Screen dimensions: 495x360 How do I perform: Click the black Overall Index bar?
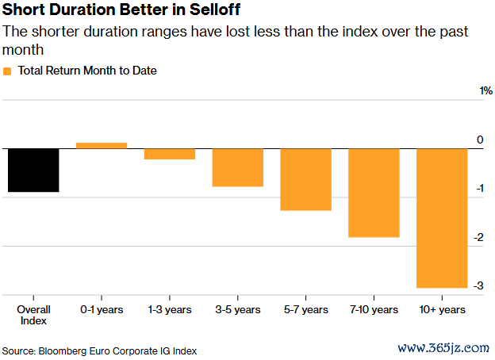pyautogui.click(x=33, y=170)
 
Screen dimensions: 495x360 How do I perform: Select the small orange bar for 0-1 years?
pyautogui.click(x=102, y=145)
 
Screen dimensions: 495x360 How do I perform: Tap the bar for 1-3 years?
pyautogui.click(x=170, y=154)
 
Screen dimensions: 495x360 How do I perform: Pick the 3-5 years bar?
pyautogui.click(x=238, y=167)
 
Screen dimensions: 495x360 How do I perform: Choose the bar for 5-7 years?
pyautogui.click(x=306, y=179)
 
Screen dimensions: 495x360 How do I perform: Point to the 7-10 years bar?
pyautogui.click(x=374, y=193)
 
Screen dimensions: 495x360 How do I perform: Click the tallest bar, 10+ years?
pyautogui.click(x=442, y=218)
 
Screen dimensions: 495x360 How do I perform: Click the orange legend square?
pyautogui.click(x=7, y=71)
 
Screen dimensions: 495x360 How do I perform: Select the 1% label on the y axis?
pyautogui.click(x=485, y=91)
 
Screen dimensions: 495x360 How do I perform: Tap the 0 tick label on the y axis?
pyautogui.click(x=480, y=140)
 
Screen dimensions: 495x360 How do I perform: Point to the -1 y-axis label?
pyautogui.click(x=480, y=189)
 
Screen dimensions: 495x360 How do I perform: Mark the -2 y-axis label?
pyautogui.click(x=479, y=237)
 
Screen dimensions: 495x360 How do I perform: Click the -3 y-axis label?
pyautogui.click(x=478, y=285)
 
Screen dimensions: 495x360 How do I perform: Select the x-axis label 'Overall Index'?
pyautogui.click(x=33, y=315)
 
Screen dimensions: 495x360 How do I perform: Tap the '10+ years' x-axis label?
pyautogui.click(x=443, y=310)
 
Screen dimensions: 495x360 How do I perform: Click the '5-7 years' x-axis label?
pyautogui.click(x=306, y=310)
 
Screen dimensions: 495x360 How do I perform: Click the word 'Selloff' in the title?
pyautogui.click(x=215, y=10)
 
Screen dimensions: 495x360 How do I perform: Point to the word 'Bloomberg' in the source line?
pyautogui.click(x=63, y=351)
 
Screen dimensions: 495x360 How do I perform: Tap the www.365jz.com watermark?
pyautogui.click(x=443, y=348)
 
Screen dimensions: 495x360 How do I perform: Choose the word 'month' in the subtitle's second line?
pyautogui.click(x=23, y=50)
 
